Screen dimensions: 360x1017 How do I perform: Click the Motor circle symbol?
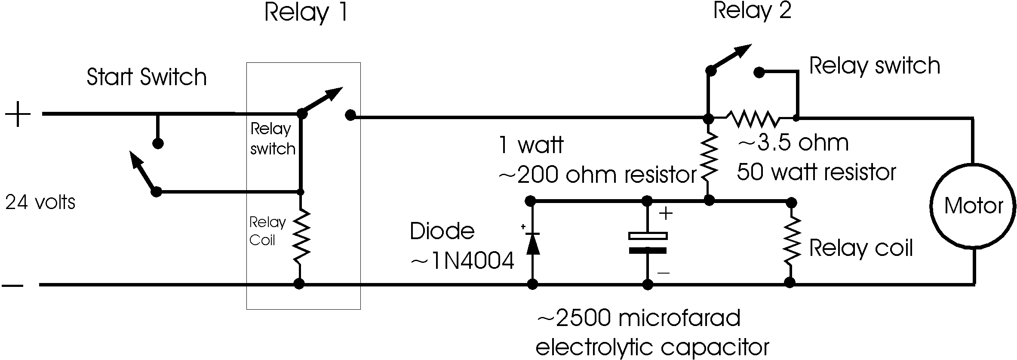(x=974, y=206)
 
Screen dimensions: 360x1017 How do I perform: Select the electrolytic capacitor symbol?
(x=648, y=242)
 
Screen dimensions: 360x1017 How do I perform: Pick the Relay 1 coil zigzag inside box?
(x=300, y=236)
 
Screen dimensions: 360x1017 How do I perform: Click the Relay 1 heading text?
(x=306, y=12)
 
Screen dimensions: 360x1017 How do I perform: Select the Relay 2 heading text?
(x=752, y=10)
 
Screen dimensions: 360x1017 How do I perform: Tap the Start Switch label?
(x=147, y=77)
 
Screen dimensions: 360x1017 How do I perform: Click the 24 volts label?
(x=40, y=202)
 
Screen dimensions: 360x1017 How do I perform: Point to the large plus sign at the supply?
(x=18, y=114)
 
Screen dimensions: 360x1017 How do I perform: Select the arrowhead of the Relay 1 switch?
(x=336, y=92)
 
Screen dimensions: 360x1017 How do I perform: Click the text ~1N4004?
(x=463, y=261)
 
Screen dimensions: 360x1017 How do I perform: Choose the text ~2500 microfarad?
(x=639, y=319)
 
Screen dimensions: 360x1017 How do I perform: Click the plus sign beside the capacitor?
(x=666, y=213)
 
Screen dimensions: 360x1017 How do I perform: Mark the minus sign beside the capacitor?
(x=664, y=273)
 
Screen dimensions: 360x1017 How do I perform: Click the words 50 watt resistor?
(x=816, y=172)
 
